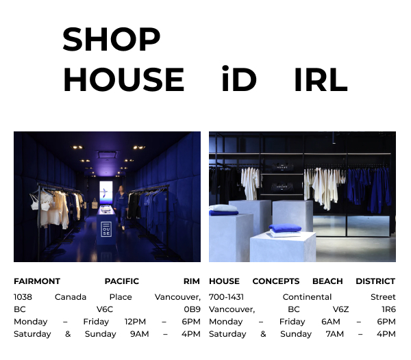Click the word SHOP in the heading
tap(111, 40)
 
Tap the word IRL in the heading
tap(321, 80)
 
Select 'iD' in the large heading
tap(238, 80)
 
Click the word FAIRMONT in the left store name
tap(37, 281)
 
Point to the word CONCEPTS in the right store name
tap(275, 281)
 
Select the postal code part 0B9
tap(192, 309)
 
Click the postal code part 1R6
tap(388, 309)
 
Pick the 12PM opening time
tap(135, 322)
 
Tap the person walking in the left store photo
tap(121, 205)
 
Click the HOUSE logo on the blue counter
tap(106, 229)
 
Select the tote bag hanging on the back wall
tap(94, 203)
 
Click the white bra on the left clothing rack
tap(45, 203)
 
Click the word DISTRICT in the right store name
tap(375, 281)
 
